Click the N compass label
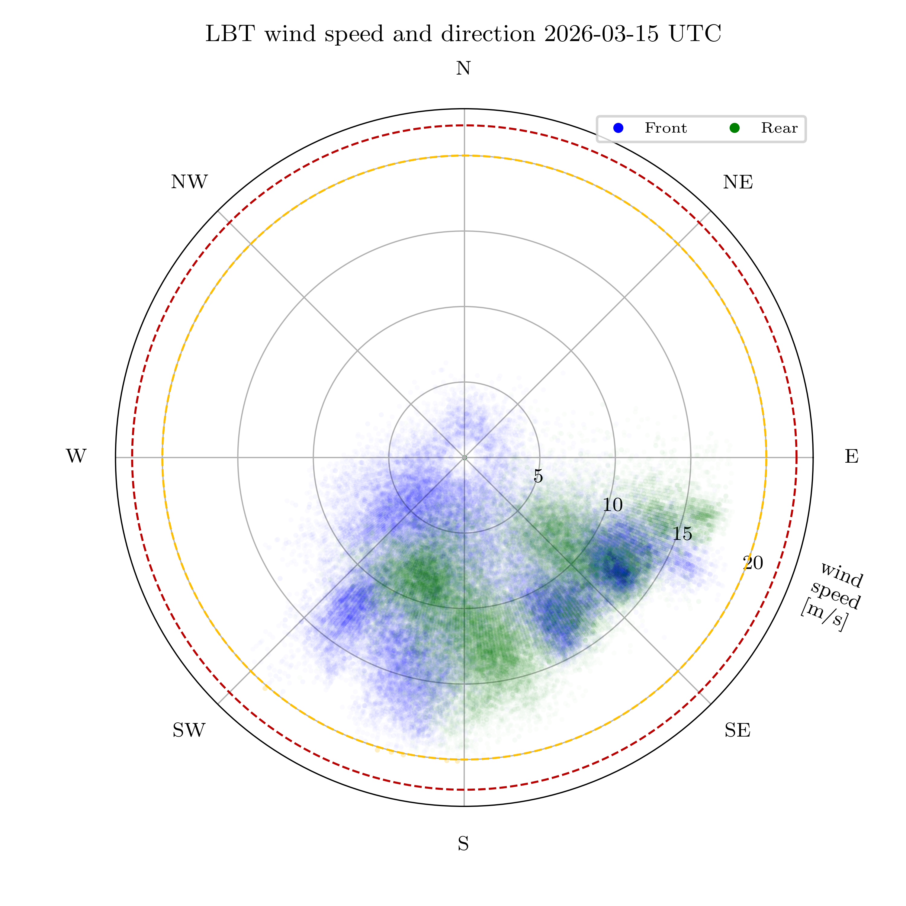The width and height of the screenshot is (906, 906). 463,69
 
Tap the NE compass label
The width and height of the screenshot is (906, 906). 738,182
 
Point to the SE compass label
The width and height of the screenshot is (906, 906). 737,730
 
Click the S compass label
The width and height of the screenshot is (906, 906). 463,844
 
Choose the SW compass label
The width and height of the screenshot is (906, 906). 189,730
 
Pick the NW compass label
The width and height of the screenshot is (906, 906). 189,182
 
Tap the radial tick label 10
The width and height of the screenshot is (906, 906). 612,505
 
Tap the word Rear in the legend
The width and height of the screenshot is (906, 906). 779,128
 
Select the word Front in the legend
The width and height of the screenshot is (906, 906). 665,128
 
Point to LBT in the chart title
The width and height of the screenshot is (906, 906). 230,34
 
